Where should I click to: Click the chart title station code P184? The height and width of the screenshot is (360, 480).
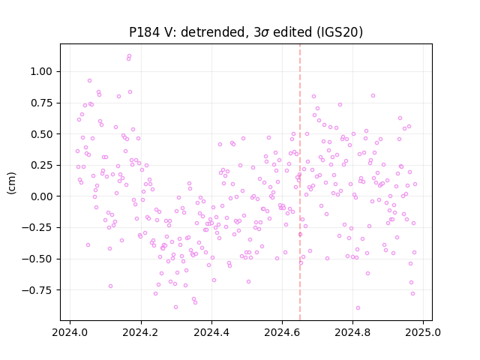pos(144,32)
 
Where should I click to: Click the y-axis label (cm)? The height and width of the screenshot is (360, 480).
pos(11,183)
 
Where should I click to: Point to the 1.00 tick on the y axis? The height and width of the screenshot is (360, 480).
pos(41,72)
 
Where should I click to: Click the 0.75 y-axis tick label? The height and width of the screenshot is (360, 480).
pos(41,103)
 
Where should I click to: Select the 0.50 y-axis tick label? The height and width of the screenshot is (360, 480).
pos(41,134)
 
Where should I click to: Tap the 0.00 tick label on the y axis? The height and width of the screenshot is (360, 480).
pos(41,196)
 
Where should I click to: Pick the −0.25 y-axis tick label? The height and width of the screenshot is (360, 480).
pos(37,227)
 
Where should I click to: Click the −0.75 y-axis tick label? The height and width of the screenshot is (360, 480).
pos(37,290)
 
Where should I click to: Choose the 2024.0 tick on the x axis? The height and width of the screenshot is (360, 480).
pos(70,332)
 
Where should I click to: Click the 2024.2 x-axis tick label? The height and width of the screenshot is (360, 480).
pos(141,332)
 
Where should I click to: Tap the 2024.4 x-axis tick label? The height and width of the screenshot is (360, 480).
pos(211,332)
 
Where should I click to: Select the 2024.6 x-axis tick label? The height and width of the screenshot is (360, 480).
pos(282,332)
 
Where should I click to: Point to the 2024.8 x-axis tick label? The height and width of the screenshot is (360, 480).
pos(352,332)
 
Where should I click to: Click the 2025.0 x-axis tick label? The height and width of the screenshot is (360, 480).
pos(423,332)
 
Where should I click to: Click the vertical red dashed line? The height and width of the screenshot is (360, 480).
pos(300,182)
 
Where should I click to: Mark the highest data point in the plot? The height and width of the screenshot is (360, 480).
pos(129,56)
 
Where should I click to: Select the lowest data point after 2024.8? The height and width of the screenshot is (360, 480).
pos(358,308)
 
